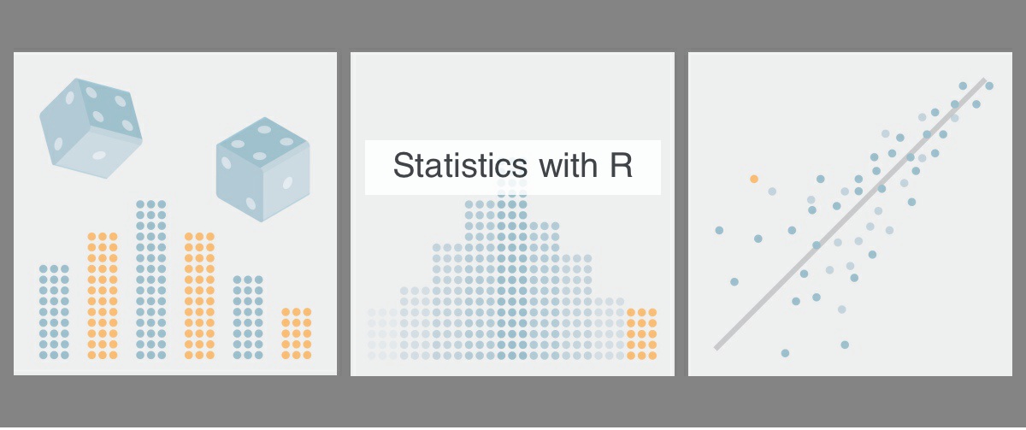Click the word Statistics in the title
point(460,165)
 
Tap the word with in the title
point(569,165)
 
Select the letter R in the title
point(621,165)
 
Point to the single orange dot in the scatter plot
point(754,179)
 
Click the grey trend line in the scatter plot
point(850,215)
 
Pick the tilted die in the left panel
point(91,127)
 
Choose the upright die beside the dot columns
point(263,169)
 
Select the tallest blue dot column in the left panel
point(150,280)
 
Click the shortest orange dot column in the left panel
point(297,333)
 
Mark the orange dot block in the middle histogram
point(642,334)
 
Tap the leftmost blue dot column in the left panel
point(54,312)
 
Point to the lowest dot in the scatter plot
point(785,353)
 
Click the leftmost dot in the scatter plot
point(719,230)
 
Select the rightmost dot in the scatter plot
point(989,85)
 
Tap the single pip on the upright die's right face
point(287,183)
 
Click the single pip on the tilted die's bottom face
point(99,156)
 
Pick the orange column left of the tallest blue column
point(102,296)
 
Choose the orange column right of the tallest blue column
point(199,296)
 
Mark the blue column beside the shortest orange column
point(248,317)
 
